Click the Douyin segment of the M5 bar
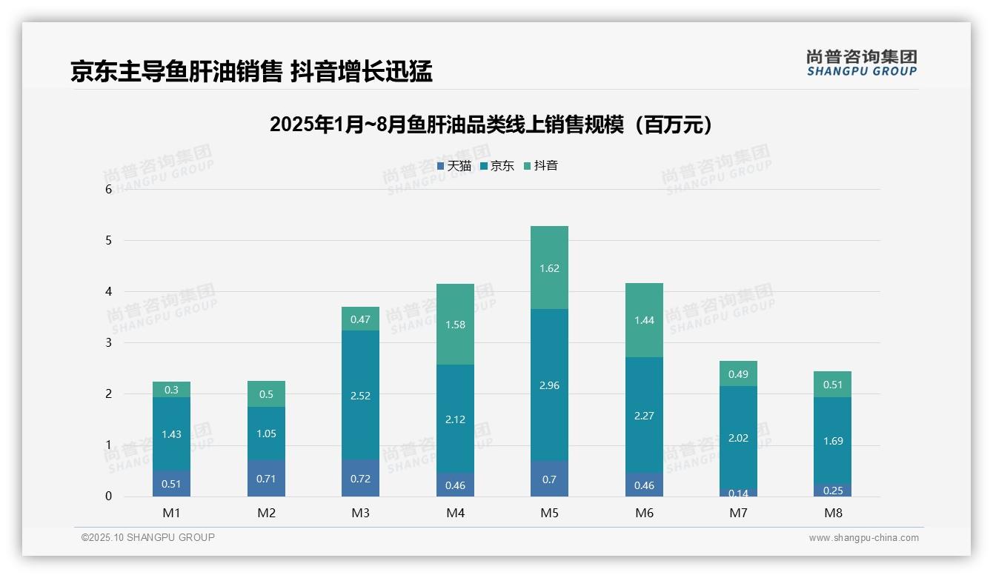[549, 268]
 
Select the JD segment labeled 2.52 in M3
[360, 395]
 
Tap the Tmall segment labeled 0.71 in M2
[266, 479]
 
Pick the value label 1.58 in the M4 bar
[455, 325]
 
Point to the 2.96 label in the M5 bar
[549, 385]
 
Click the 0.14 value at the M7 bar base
[738, 493]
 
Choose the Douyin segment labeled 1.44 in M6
[644, 320]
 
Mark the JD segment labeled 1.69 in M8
[832, 441]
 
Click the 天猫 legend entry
[454, 166]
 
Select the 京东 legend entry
[497, 166]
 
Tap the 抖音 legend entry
[541, 166]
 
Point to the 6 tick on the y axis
[109, 189]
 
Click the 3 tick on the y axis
[109, 342]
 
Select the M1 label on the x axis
[171, 513]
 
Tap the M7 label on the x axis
[738, 513]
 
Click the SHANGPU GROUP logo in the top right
[861, 63]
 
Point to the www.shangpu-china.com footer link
[863, 538]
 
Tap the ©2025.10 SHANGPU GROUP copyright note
[148, 538]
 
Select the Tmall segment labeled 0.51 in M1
[171, 484]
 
